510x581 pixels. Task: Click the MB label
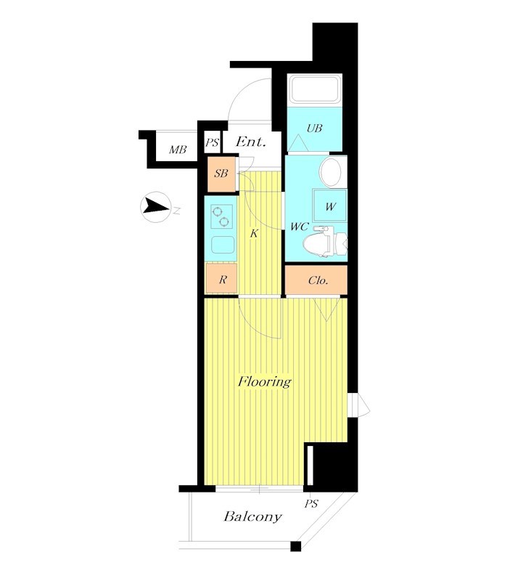click(178, 150)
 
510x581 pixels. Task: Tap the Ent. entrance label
click(251, 142)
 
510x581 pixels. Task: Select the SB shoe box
click(222, 174)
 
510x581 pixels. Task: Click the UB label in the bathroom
click(314, 129)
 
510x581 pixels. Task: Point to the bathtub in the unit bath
click(315, 89)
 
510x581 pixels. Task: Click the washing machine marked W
click(330, 206)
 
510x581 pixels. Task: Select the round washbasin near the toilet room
click(331, 172)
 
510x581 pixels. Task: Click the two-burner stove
click(222, 217)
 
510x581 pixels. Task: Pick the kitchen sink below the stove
click(223, 245)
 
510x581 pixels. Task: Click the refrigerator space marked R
click(222, 278)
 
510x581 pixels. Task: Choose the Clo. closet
click(316, 280)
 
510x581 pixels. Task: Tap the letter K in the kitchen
click(254, 234)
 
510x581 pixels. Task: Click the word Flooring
click(265, 382)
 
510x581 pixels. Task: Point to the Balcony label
click(252, 517)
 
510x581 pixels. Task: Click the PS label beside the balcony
click(311, 504)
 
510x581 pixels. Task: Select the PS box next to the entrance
click(213, 142)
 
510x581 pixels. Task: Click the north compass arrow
click(155, 206)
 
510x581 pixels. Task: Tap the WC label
click(300, 227)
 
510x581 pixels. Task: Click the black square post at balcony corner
click(296, 547)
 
